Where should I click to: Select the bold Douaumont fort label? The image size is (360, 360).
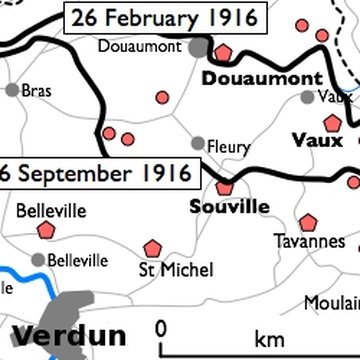point(262,78)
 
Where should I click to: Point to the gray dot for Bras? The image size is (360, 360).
point(12,90)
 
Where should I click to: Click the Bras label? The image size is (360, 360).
point(36,90)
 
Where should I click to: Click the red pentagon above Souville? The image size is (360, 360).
point(225,185)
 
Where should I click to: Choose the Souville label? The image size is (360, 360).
point(229,207)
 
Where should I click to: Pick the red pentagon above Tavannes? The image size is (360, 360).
point(308,221)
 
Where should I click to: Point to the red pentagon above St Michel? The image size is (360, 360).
point(152,246)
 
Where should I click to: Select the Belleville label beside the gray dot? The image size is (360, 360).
point(77,260)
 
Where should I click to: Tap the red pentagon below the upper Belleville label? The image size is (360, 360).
point(45,230)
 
